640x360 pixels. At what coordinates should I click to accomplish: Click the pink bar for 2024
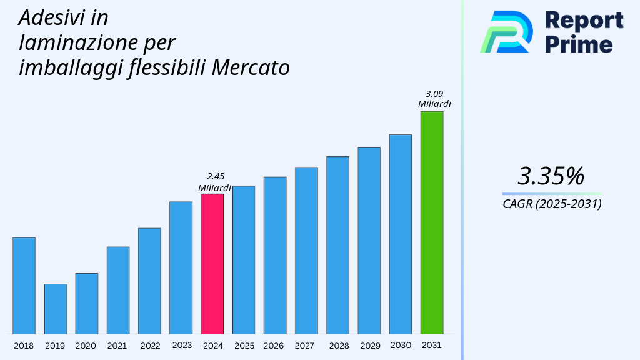pos(212,264)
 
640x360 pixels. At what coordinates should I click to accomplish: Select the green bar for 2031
pos(431,222)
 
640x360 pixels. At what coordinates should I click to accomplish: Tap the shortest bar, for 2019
pos(55,309)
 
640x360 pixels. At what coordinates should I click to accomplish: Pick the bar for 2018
pos(24,286)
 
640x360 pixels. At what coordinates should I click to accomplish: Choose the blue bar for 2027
pos(306,251)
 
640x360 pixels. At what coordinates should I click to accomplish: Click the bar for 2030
pos(400,234)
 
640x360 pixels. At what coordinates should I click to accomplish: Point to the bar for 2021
pos(117,290)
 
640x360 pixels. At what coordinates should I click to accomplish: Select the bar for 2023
pos(181,267)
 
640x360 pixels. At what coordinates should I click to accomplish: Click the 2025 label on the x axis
pos(244,346)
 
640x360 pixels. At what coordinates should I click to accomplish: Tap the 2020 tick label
pos(86,346)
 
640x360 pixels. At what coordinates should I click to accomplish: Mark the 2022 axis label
pos(150,346)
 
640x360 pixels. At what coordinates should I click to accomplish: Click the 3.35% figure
pos(551,176)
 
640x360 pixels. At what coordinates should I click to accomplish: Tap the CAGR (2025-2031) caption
pos(552,204)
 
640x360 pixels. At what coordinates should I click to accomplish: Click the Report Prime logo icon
pos(506,31)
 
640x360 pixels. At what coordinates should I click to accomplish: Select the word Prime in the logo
pos(579,44)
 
